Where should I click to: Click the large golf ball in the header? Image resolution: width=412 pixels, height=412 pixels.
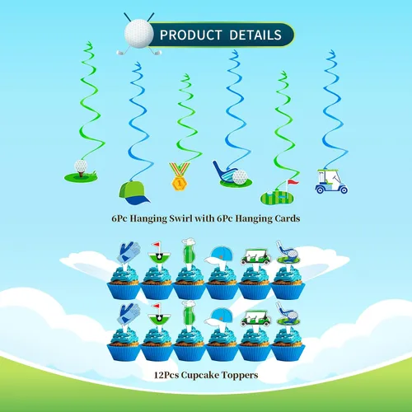[138, 34]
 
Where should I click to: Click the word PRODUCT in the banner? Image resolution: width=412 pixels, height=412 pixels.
[190, 35]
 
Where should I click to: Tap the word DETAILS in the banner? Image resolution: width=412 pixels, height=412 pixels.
[255, 35]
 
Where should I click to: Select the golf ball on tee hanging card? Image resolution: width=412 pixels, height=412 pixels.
[81, 171]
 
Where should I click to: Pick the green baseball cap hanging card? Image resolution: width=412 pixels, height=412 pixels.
[134, 193]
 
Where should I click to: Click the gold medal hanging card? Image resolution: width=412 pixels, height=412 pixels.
[179, 176]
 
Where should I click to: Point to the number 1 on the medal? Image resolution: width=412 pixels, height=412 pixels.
[179, 183]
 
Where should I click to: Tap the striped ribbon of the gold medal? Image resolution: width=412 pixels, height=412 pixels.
[179, 168]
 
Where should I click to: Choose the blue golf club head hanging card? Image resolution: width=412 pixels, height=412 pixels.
[232, 175]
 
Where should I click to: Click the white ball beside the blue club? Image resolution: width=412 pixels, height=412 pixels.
[240, 177]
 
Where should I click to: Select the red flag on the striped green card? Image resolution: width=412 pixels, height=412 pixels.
[293, 182]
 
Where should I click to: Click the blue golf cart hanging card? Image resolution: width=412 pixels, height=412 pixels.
[331, 181]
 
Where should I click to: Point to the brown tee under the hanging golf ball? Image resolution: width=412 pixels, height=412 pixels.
[81, 174]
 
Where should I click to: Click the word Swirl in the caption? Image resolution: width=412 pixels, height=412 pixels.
[180, 218]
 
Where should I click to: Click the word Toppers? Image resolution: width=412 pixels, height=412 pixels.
[240, 376]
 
